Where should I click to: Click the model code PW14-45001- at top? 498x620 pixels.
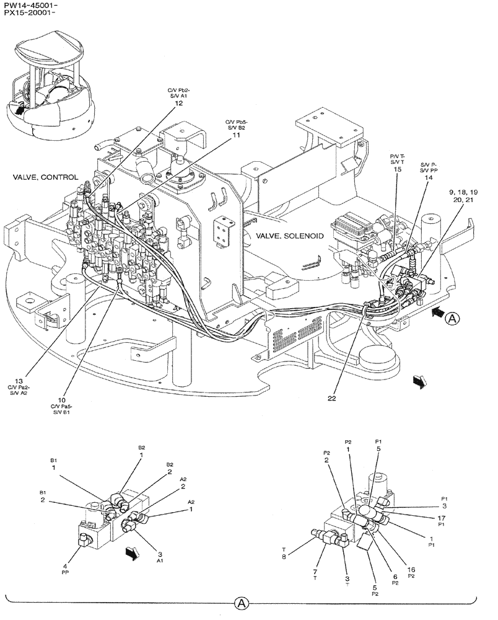(x=30, y=5)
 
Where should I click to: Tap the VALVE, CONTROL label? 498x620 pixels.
(x=45, y=177)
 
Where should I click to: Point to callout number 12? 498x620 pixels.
(x=179, y=104)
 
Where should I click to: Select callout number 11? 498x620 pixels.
(x=235, y=135)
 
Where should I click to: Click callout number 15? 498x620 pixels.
(x=397, y=169)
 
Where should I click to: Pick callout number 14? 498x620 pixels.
(x=428, y=177)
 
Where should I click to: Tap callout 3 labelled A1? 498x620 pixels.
(x=160, y=554)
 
